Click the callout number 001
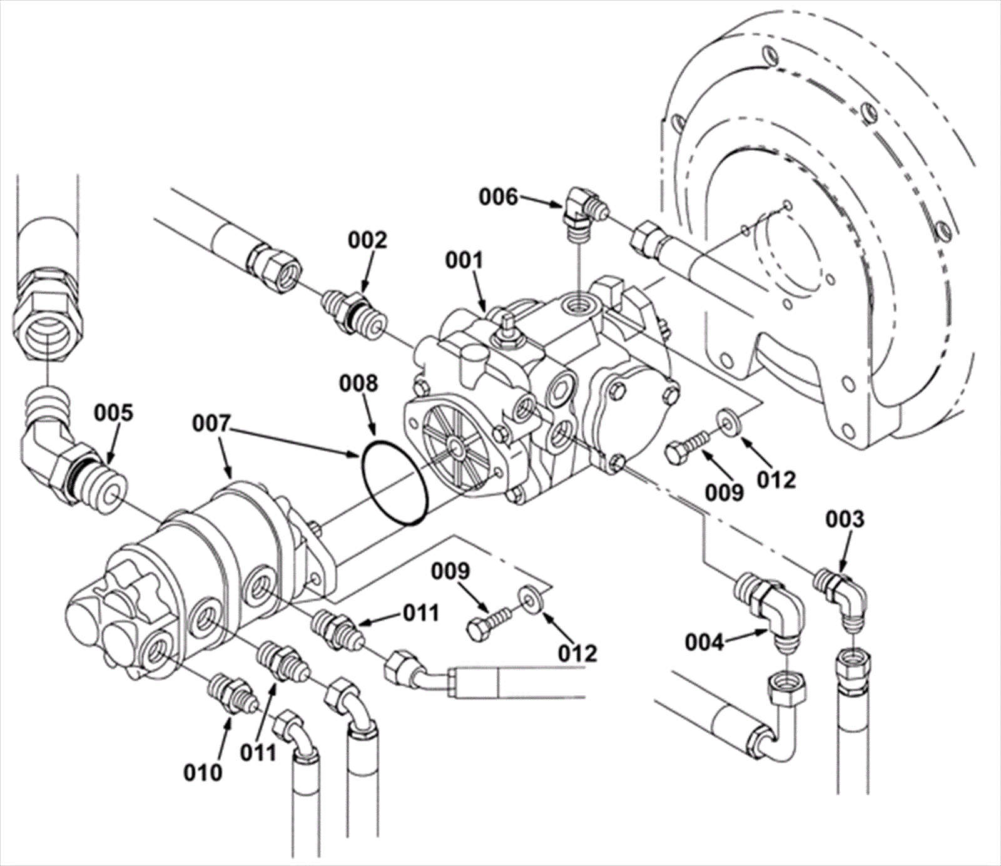[x=465, y=261]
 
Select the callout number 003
[x=845, y=519]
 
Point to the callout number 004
[x=705, y=642]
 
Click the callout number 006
[x=499, y=197]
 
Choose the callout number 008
[x=358, y=383]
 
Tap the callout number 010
[x=203, y=773]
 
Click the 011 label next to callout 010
[x=260, y=751]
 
